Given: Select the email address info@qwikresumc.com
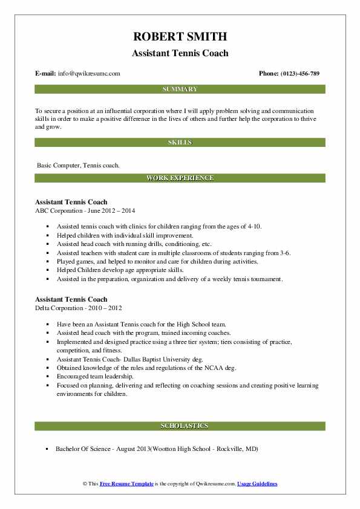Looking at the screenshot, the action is [90, 74].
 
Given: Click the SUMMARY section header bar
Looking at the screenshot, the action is [180, 89].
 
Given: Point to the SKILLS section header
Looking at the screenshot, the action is [180, 143].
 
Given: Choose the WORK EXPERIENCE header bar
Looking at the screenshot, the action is [180, 178].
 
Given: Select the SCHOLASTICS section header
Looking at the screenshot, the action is [180, 426].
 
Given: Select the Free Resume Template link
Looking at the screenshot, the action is [126, 484].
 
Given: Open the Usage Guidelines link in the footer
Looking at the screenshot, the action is [257, 484].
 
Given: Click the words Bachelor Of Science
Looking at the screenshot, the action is [83, 449].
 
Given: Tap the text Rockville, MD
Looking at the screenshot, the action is [236, 449].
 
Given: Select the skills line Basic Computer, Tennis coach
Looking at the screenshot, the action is [78, 165].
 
